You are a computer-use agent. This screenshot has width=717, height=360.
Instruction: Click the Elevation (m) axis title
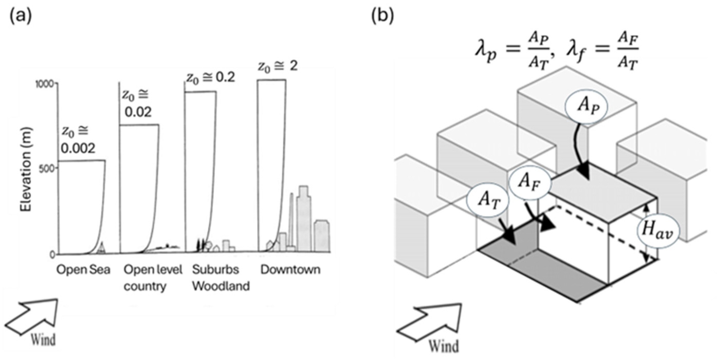26,169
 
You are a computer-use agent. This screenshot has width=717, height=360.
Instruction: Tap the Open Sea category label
83,270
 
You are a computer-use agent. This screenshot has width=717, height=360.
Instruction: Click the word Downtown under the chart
290,270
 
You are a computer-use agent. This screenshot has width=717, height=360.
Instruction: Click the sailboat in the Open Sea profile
102,248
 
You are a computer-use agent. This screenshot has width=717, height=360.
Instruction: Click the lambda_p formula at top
511,53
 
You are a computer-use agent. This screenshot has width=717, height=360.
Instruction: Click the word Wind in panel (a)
43,340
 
